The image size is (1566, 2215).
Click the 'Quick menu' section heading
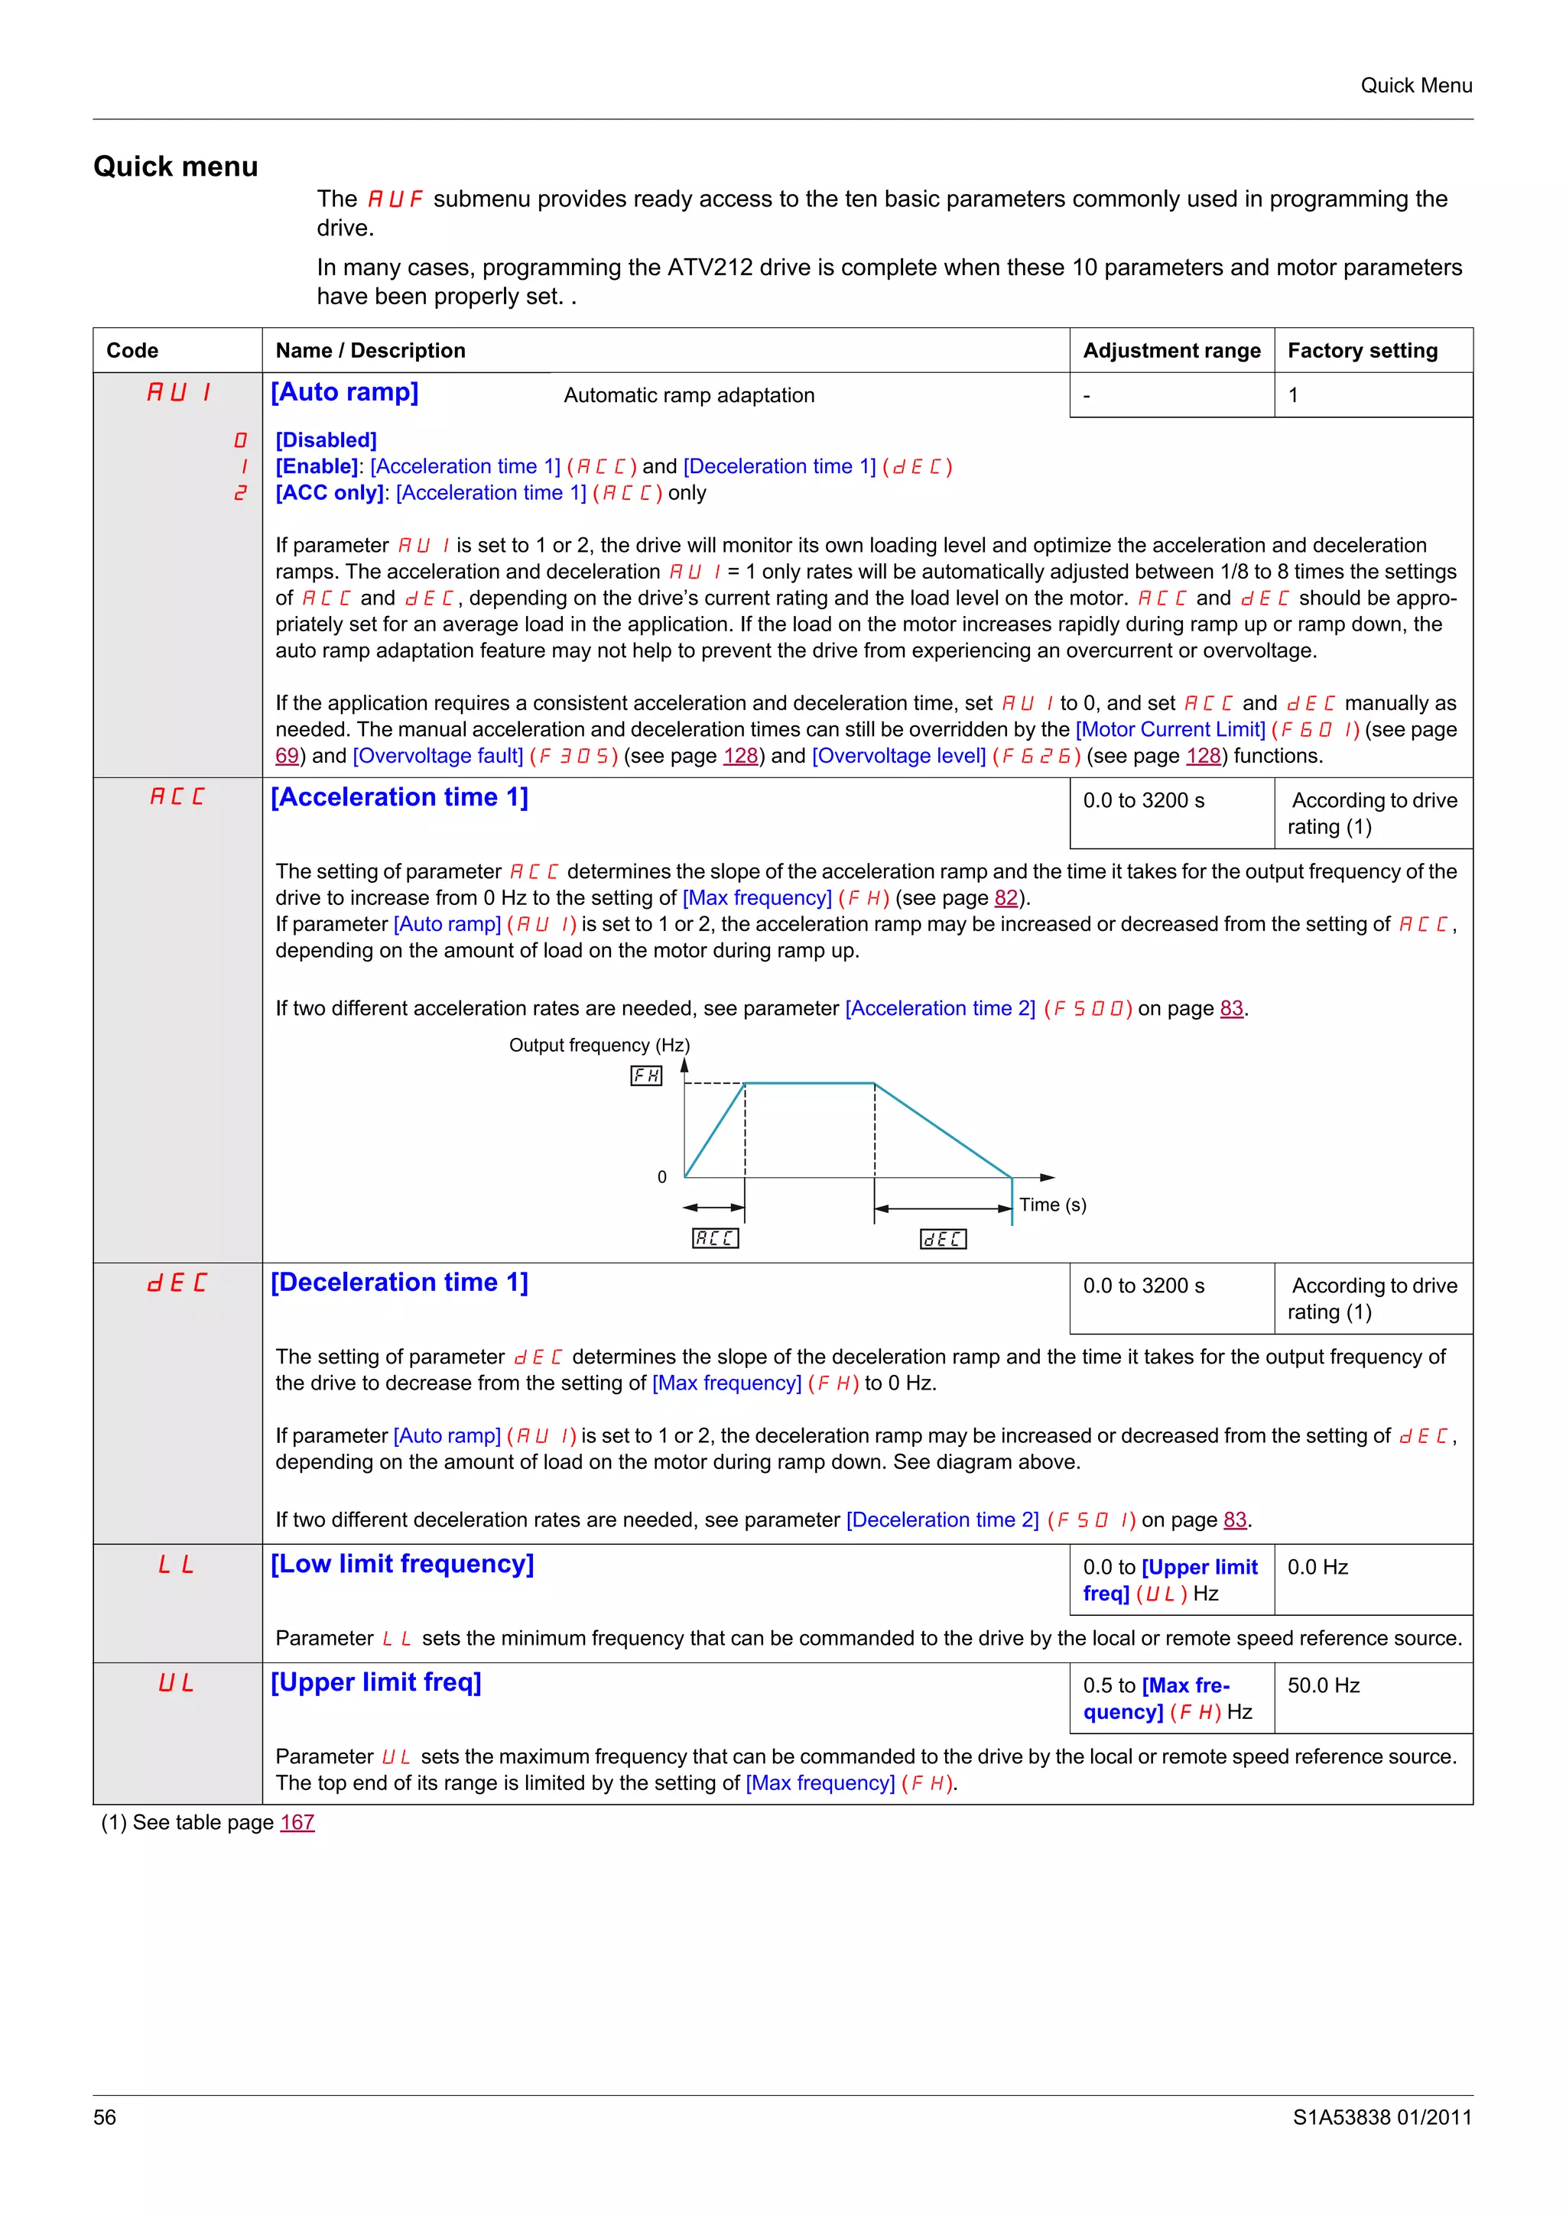tap(176, 167)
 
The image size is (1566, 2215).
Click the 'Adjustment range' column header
tap(1171, 350)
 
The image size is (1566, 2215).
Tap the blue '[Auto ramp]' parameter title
tap(344, 393)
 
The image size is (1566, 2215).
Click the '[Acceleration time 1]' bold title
tap(399, 798)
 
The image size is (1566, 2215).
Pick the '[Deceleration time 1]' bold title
tap(399, 1283)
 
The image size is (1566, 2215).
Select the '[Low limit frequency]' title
tap(402, 1564)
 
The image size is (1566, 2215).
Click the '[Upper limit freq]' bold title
tap(376, 1682)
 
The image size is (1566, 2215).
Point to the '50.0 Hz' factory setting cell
tap(1323, 1685)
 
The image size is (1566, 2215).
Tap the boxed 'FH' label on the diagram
tap(645, 1075)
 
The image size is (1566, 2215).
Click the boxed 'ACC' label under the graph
tap(715, 1237)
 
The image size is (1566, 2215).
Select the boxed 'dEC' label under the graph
tap(943, 1239)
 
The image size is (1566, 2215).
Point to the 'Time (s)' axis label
tap(1053, 1205)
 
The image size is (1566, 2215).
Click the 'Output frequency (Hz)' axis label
tap(599, 1046)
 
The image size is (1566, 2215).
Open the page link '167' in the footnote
tap(297, 1822)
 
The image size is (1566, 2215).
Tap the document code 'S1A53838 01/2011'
tap(1382, 2118)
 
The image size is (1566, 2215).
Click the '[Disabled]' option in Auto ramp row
tap(327, 440)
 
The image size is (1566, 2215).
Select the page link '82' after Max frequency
tap(1006, 898)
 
